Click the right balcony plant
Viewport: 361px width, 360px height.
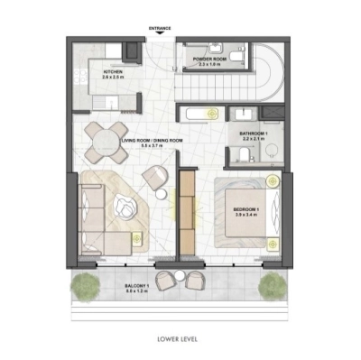pos(272,287)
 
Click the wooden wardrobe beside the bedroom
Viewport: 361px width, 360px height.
pos(188,211)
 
